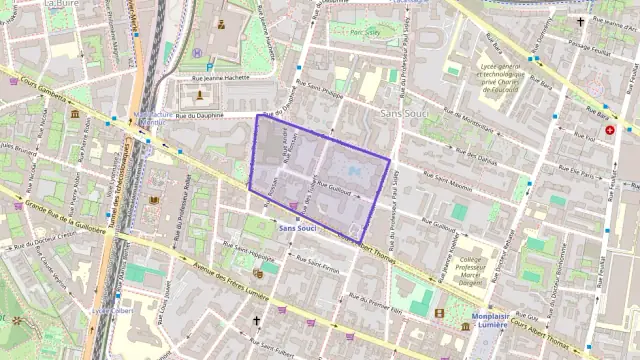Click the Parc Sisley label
365,32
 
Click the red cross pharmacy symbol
610,130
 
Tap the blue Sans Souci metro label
298,229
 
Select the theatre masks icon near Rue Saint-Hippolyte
258,272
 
